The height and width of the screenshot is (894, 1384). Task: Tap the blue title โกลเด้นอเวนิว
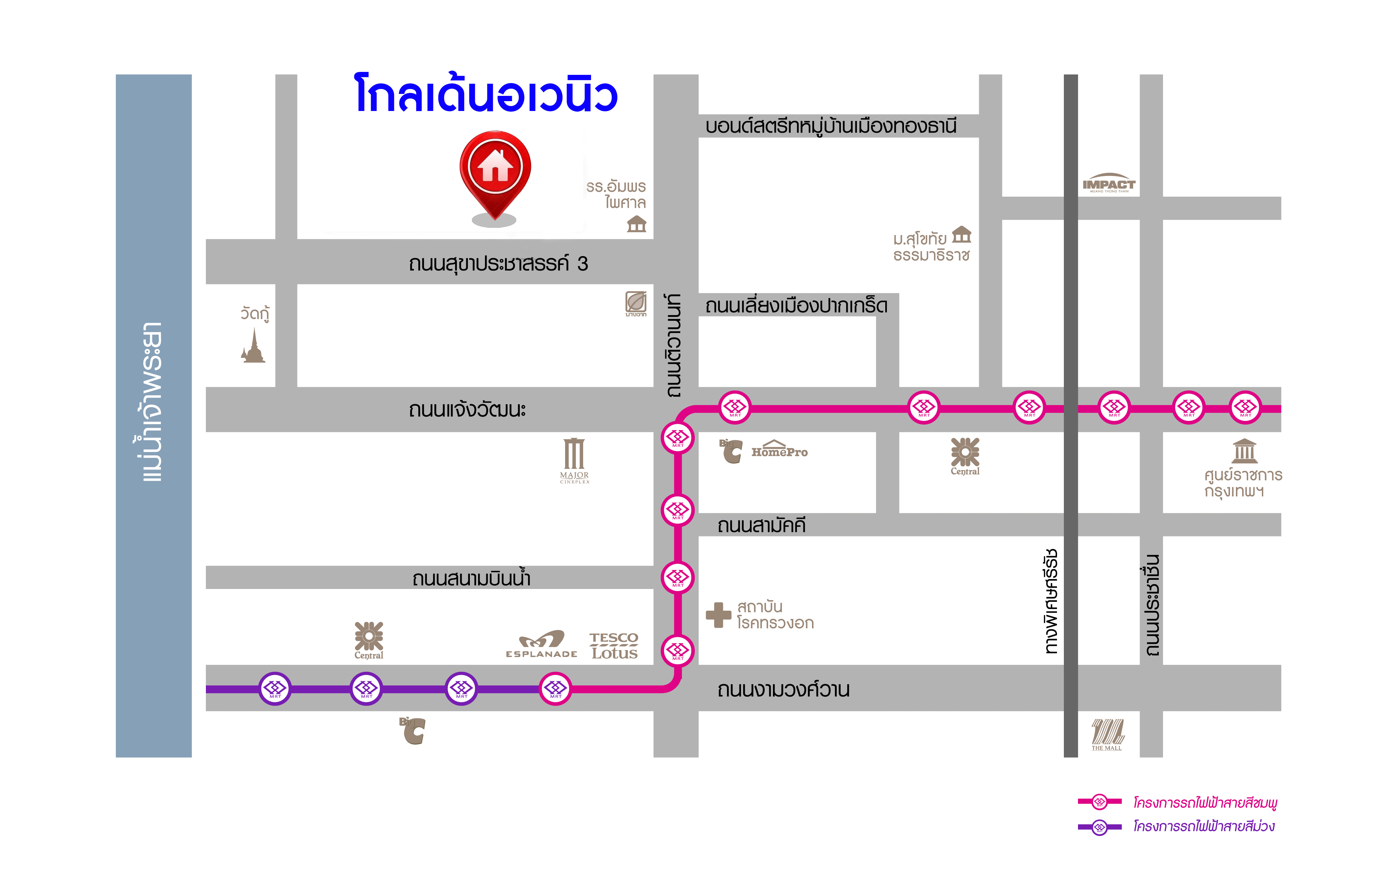click(x=487, y=95)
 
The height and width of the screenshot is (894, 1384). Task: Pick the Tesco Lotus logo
click(x=614, y=645)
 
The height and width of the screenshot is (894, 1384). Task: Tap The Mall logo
click(x=1107, y=734)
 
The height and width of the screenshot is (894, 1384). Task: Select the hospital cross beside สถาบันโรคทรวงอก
click(x=718, y=615)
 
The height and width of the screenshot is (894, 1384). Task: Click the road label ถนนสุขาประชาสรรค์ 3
click(x=498, y=264)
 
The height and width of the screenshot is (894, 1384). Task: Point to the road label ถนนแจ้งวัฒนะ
click(x=467, y=410)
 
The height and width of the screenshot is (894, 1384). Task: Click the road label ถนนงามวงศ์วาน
click(x=783, y=690)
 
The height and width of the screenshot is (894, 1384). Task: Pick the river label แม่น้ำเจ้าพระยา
click(x=152, y=402)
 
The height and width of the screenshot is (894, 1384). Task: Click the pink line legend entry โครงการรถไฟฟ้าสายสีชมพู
click(x=1205, y=803)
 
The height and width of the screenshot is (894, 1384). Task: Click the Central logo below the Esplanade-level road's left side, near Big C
click(x=369, y=640)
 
